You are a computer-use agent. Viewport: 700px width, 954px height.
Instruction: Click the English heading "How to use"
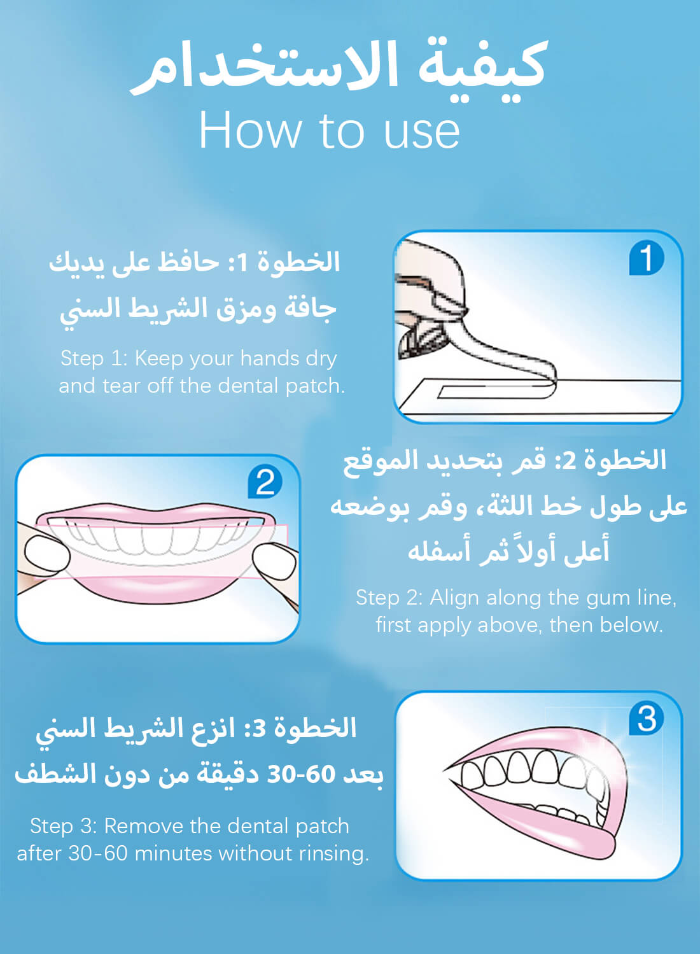tap(329, 130)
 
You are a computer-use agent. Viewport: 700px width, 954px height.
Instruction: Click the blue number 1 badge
tap(647, 259)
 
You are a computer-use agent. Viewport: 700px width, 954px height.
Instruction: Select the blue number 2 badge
tap(265, 482)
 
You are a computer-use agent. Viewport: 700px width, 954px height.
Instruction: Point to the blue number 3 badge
tap(646, 719)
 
